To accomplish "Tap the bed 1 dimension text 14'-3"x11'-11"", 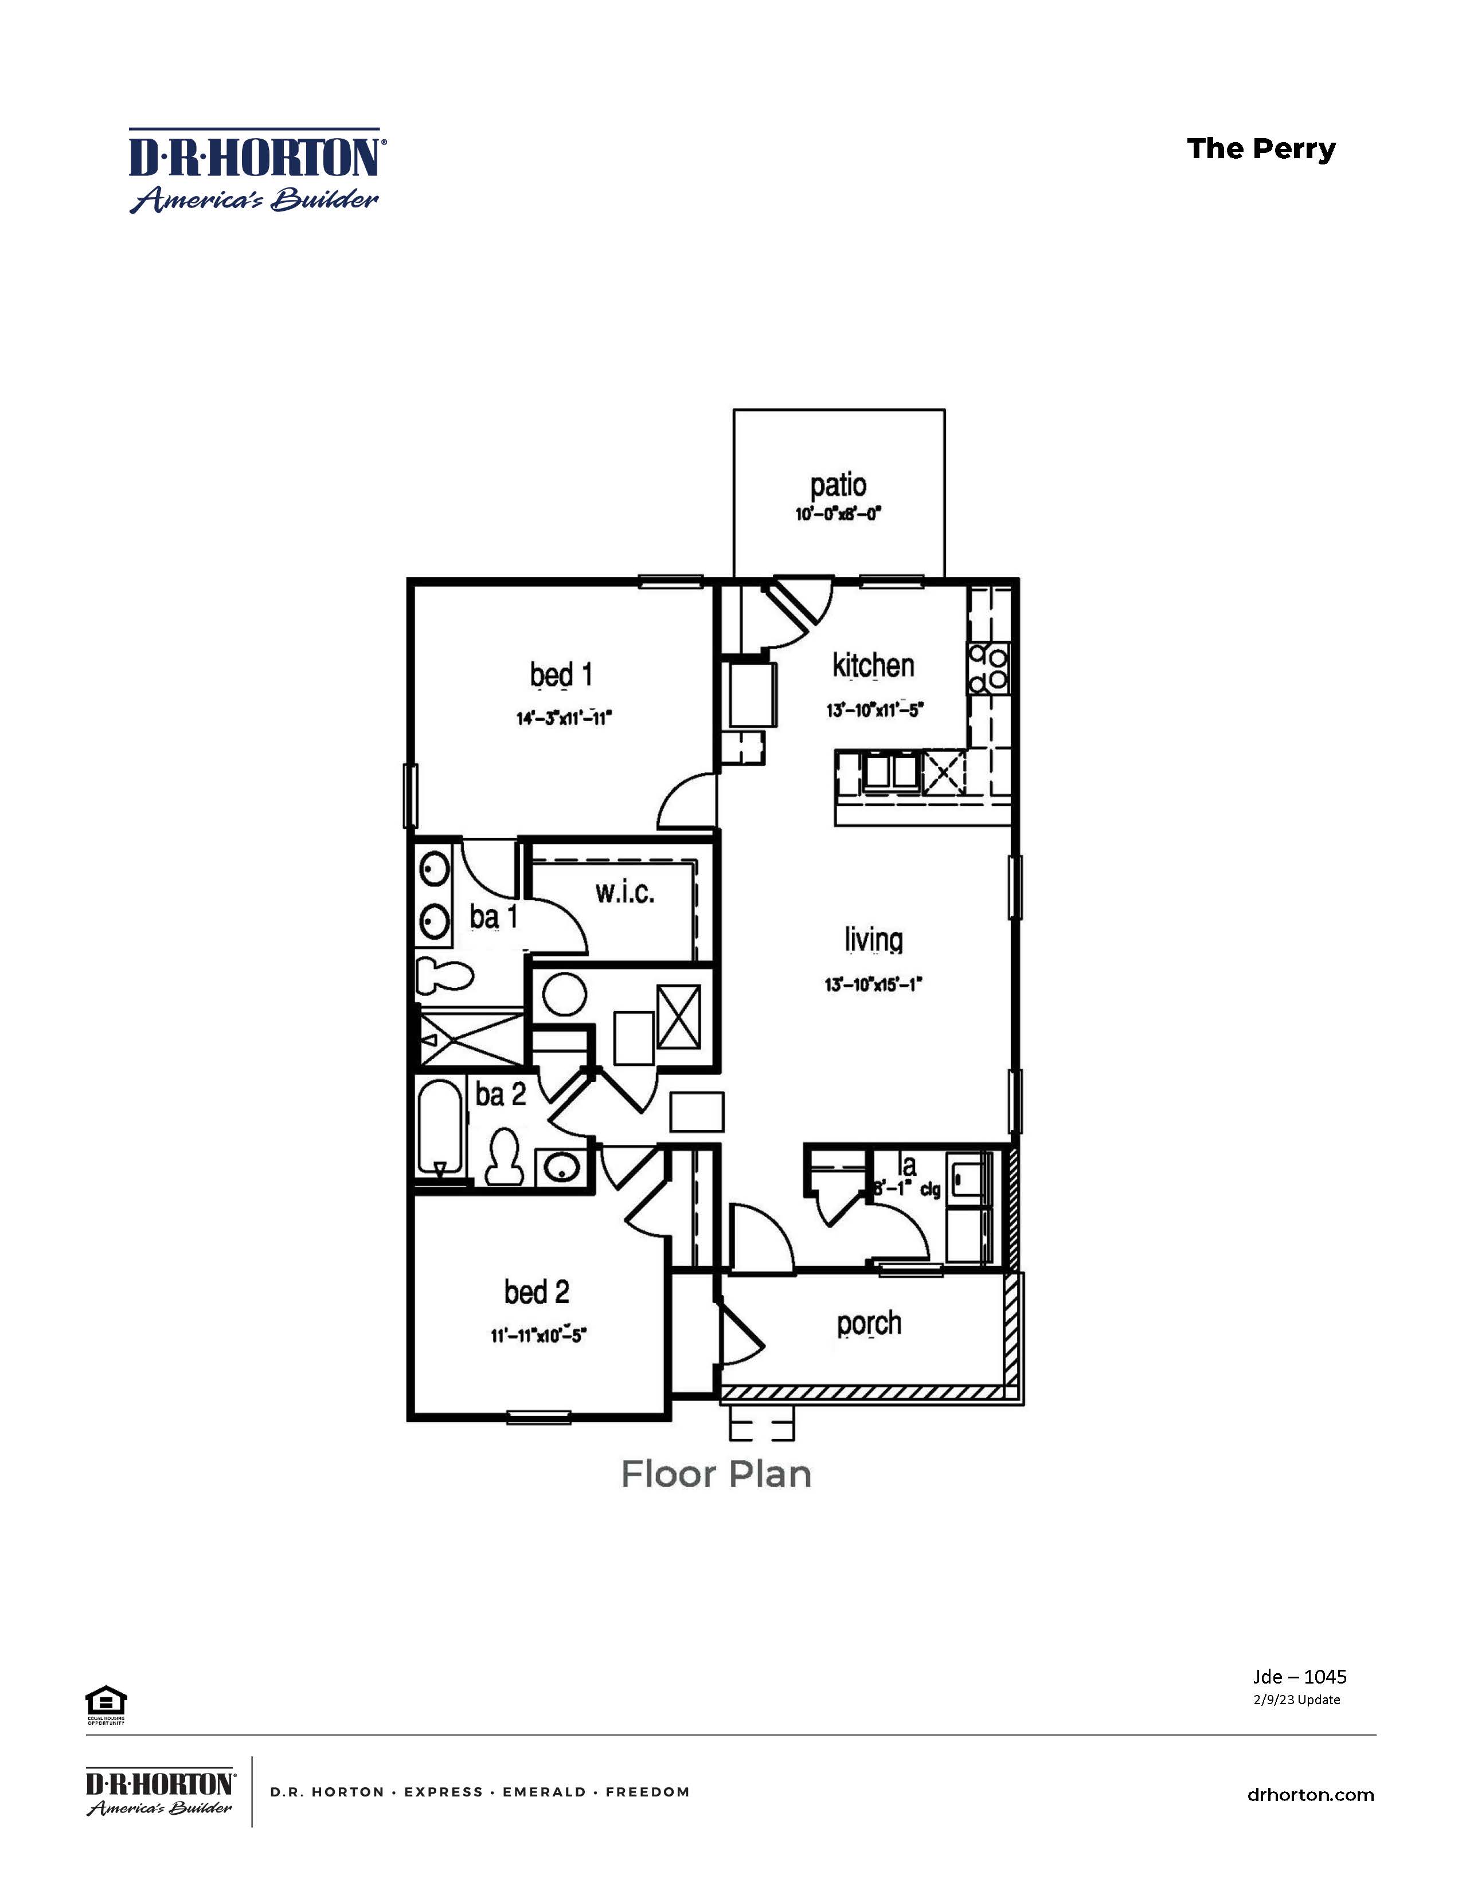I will pyautogui.click(x=564, y=718).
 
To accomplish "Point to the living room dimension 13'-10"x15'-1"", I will pyautogui.click(x=873, y=984).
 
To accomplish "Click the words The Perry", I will pyautogui.click(x=1260, y=149).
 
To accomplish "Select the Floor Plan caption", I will pyautogui.click(x=716, y=1474).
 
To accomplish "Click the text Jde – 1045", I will pyautogui.click(x=1299, y=1676).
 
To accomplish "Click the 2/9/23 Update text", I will pyautogui.click(x=1296, y=1699).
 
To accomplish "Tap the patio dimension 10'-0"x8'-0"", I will pyautogui.click(x=838, y=515).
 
